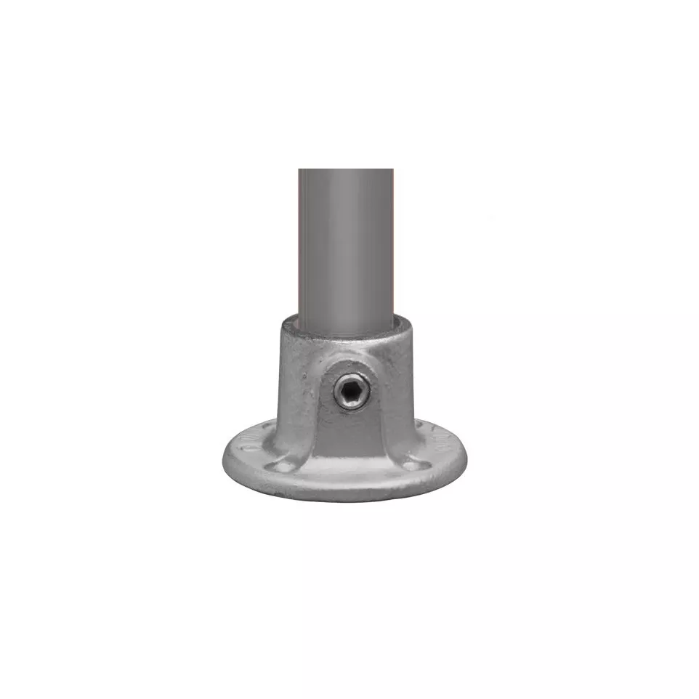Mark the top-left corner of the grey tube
tap(299, 170)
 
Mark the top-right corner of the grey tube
tap(393, 170)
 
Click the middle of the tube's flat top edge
tap(346, 170)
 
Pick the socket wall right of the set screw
tap(396, 392)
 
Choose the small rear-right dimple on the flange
tap(429, 436)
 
